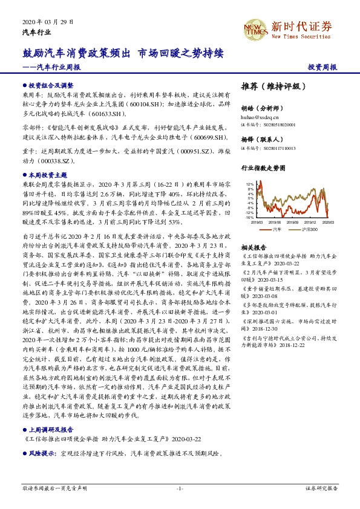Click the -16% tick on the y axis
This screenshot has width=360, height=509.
pyautogui.click(x=249, y=217)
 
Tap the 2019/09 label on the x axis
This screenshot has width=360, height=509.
pyautogui.click(x=292, y=223)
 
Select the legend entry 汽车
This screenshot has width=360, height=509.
pyautogui.click(x=277, y=230)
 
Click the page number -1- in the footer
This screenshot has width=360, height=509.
pyautogui.click(x=180, y=487)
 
